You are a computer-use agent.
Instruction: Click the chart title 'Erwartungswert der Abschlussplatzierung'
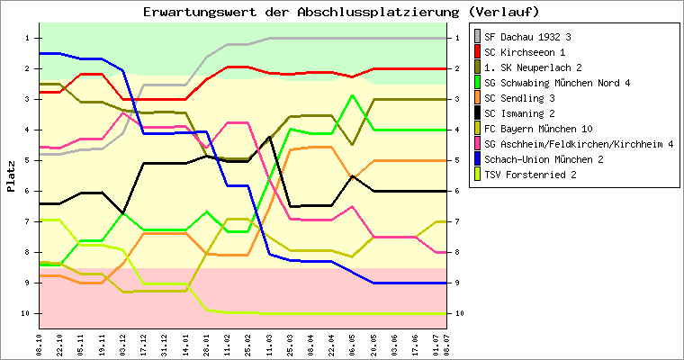coord(301,12)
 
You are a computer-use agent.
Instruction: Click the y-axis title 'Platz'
coord(11,176)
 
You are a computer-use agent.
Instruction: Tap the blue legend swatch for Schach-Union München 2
coord(478,159)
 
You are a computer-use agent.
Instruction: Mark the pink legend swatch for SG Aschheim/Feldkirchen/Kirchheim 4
coord(478,144)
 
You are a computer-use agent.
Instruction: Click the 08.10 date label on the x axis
coord(40,345)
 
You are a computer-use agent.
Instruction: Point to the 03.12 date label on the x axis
coord(123,345)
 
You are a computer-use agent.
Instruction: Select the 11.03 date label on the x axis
coord(270,345)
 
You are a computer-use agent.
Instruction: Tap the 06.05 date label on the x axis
coord(353,345)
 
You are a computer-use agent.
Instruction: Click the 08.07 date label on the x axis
coord(446,345)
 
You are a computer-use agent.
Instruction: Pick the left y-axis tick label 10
coord(26,313)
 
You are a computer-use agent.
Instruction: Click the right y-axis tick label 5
coord(457,160)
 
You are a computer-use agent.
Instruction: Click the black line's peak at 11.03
coord(270,137)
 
